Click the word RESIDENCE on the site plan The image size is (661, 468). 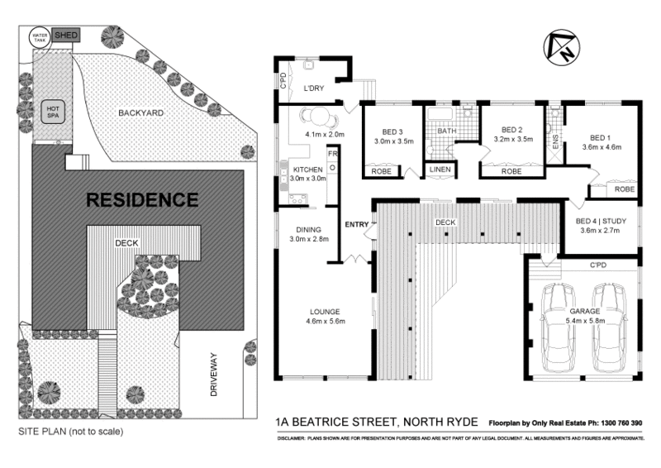coord(142,199)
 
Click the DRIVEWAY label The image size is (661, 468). coord(213,375)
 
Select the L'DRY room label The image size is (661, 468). coord(313,88)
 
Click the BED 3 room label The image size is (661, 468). coord(392,131)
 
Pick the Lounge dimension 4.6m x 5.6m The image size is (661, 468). coord(324,321)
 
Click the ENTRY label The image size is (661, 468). coord(357,224)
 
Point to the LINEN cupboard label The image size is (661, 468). coord(439,171)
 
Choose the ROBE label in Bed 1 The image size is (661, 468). coord(624,189)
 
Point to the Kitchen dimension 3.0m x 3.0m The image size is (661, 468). coord(307,179)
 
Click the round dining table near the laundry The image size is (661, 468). coord(314,115)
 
